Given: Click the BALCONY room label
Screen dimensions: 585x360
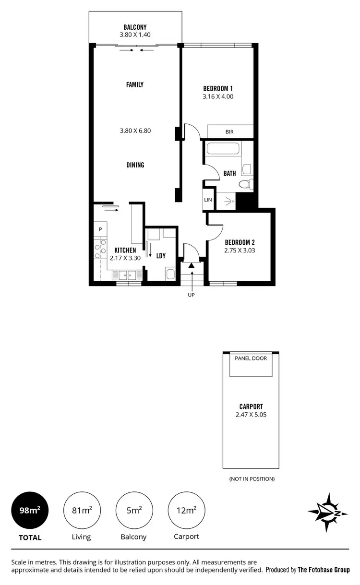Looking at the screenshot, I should (x=135, y=27).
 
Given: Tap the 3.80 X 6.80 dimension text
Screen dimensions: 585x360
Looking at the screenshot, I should (x=135, y=130).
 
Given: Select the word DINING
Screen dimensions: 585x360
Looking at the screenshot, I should (x=135, y=165).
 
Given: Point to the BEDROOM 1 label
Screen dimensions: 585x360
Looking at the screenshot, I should (x=218, y=88).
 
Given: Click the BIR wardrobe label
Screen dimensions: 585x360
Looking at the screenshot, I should (x=229, y=131).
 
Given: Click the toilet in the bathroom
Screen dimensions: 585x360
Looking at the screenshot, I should (x=245, y=184).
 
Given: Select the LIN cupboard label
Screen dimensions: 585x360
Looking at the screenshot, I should (x=208, y=200).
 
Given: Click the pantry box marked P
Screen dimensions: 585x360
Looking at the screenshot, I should (x=100, y=229).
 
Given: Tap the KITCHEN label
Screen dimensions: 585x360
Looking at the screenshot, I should (x=125, y=251).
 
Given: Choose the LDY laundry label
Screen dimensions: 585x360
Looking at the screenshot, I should (x=161, y=256).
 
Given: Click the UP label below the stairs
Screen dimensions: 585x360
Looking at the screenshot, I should (x=191, y=295).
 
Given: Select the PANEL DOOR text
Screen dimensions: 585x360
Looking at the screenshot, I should (x=251, y=358).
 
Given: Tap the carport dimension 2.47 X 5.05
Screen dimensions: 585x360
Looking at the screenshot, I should (x=251, y=414).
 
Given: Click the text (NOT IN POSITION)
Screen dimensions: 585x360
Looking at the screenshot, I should (x=251, y=479).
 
